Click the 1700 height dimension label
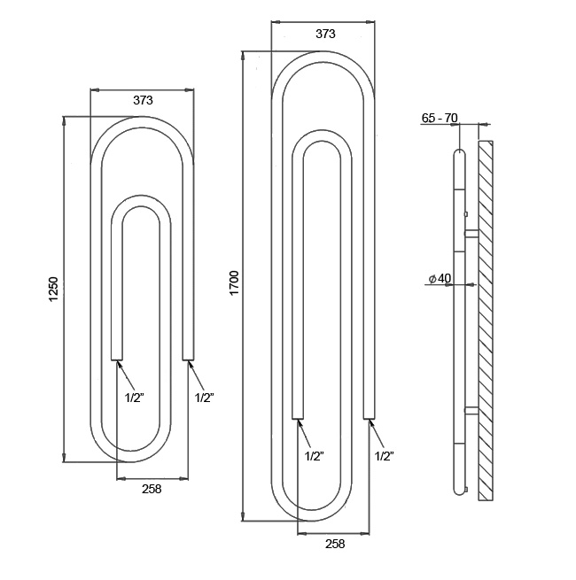[234, 284]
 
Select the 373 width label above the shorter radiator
[143, 101]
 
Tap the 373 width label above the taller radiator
[325, 34]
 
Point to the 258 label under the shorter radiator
[151, 490]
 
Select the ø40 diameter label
[440, 278]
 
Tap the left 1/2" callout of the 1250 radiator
[134, 398]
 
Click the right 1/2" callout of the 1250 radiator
[204, 398]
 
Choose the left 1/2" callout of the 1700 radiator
[314, 456]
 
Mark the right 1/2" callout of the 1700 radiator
[384, 456]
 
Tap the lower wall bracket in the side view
[471, 410]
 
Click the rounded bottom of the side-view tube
[459, 489]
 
